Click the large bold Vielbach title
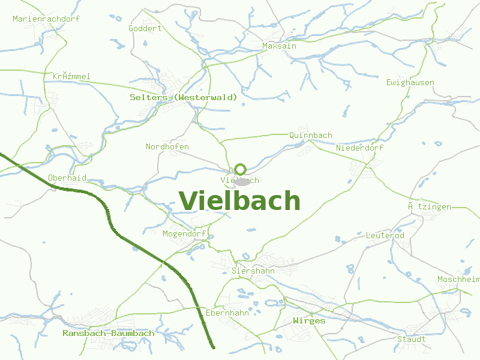pyautogui.click(x=239, y=201)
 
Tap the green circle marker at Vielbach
pyautogui.click(x=241, y=169)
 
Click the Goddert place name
pyautogui.click(x=145, y=28)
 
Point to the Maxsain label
pyautogui.click(x=279, y=46)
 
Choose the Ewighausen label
pyautogui.click(x=410, y=82)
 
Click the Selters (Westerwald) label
pyautogui.click(x=184, y=97)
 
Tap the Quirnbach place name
pyautogui.click(x=310, y=135)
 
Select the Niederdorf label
pyautogui.click(x=360, y=148)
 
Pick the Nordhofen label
pyautogui.click(x=167, y=147)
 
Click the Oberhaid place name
pyautogui.click(x=67, y=178)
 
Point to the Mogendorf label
pyautogui.click(x=184, y=233)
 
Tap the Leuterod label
pyautogui.click(x=385, y=236)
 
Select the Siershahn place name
pyautogui.click(x=253, y=271)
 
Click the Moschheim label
pyautogui.click(x=458, y=280)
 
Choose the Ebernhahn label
pyautogui.click(x=227, y=313)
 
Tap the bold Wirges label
pyautogui.click(x=309, y=321)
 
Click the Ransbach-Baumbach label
pyautogui.click(x=109, y=333)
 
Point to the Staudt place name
pyautogui.click(x=412, y=339)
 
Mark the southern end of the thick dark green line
pyautogui.click(x=213, y=346)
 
